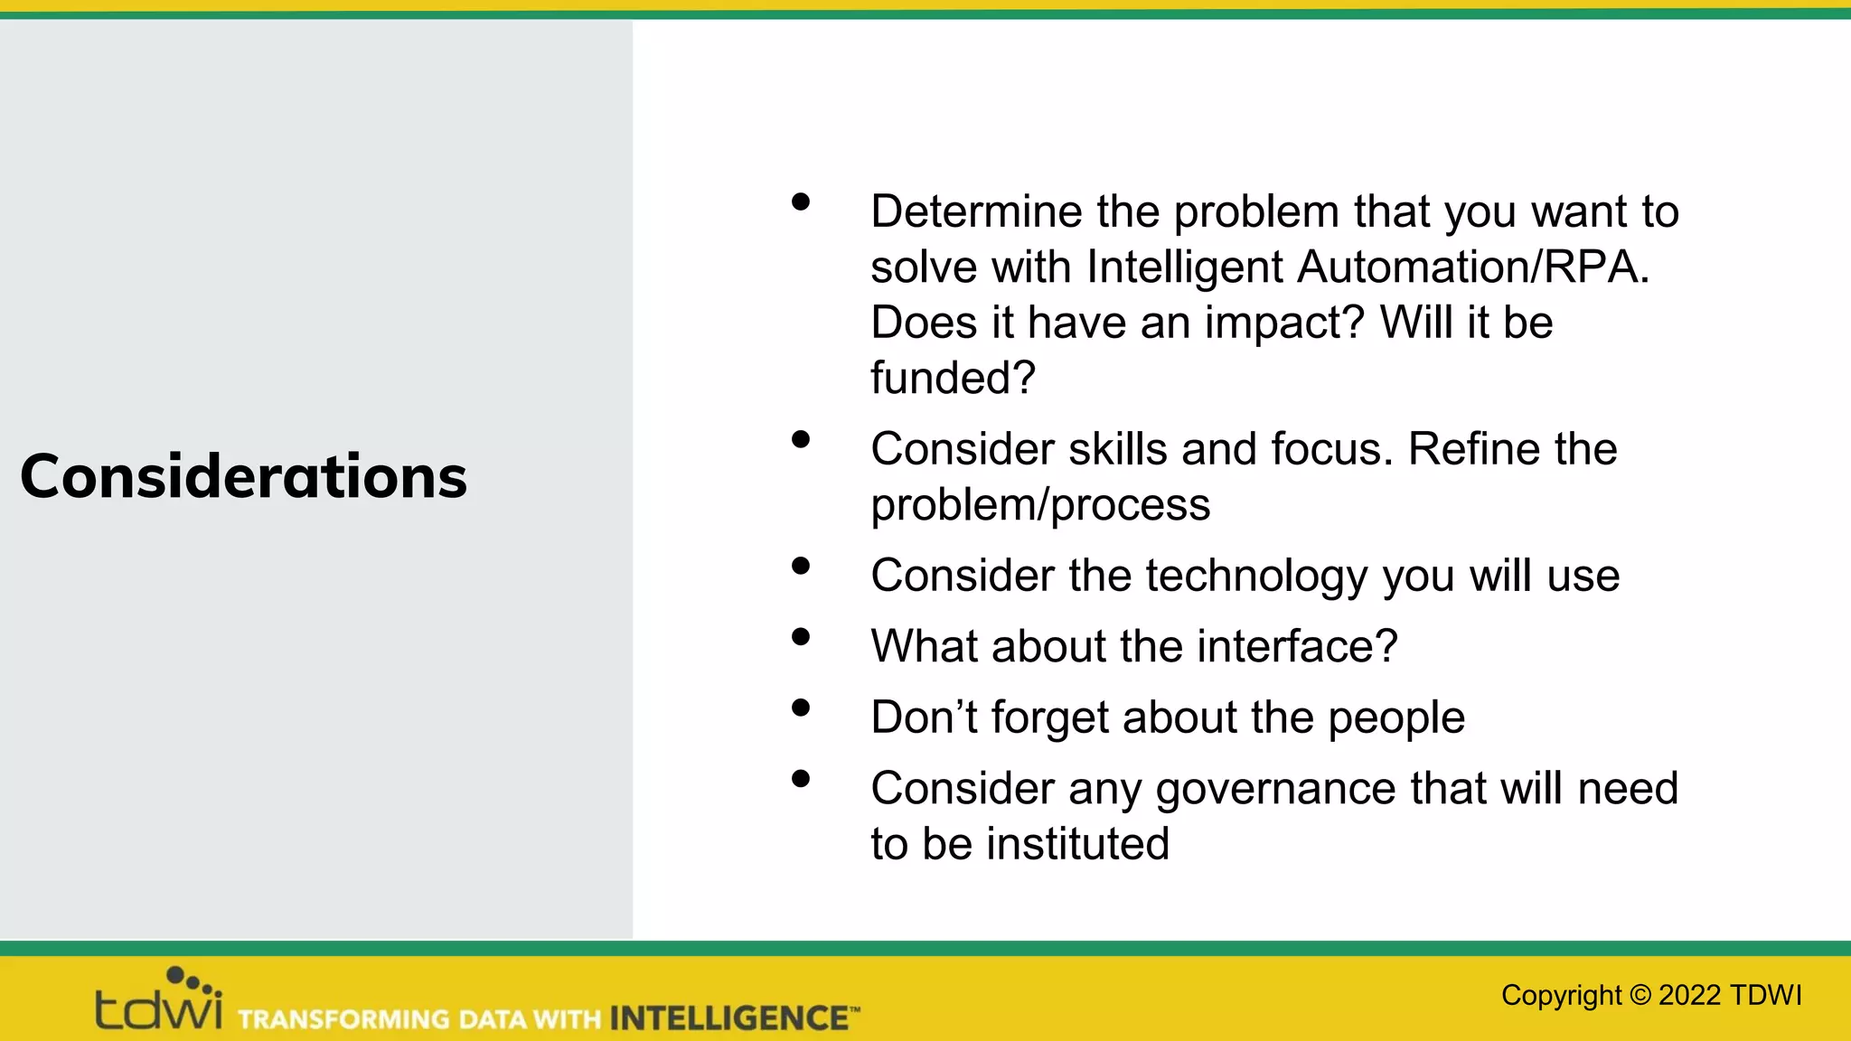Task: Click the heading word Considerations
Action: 243,476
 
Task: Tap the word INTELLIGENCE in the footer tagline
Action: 728,1018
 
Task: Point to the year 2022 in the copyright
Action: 1689,995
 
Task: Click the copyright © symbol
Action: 1640,995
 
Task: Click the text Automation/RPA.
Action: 1473,267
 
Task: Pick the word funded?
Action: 953,378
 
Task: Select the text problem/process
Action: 1040,504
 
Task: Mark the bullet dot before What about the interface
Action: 800,637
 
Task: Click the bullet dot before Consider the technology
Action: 800,567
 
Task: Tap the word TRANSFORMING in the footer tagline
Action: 343,1019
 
